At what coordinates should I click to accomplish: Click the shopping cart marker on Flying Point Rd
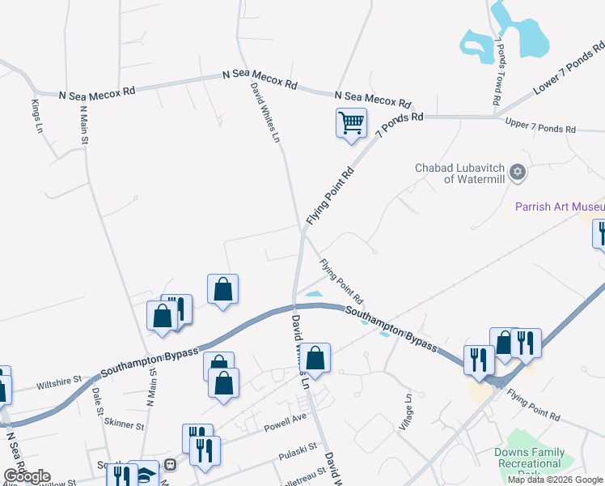(350, 124)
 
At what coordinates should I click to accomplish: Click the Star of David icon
(518, 173)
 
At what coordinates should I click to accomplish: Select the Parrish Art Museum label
(560, 206)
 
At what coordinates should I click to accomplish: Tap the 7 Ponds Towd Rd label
(501, 71)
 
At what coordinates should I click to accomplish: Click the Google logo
(27, 475)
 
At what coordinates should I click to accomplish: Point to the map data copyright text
(555, 480)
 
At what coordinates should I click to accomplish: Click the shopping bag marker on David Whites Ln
(318, 357)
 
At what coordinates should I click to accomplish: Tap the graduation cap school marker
(146, 475)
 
